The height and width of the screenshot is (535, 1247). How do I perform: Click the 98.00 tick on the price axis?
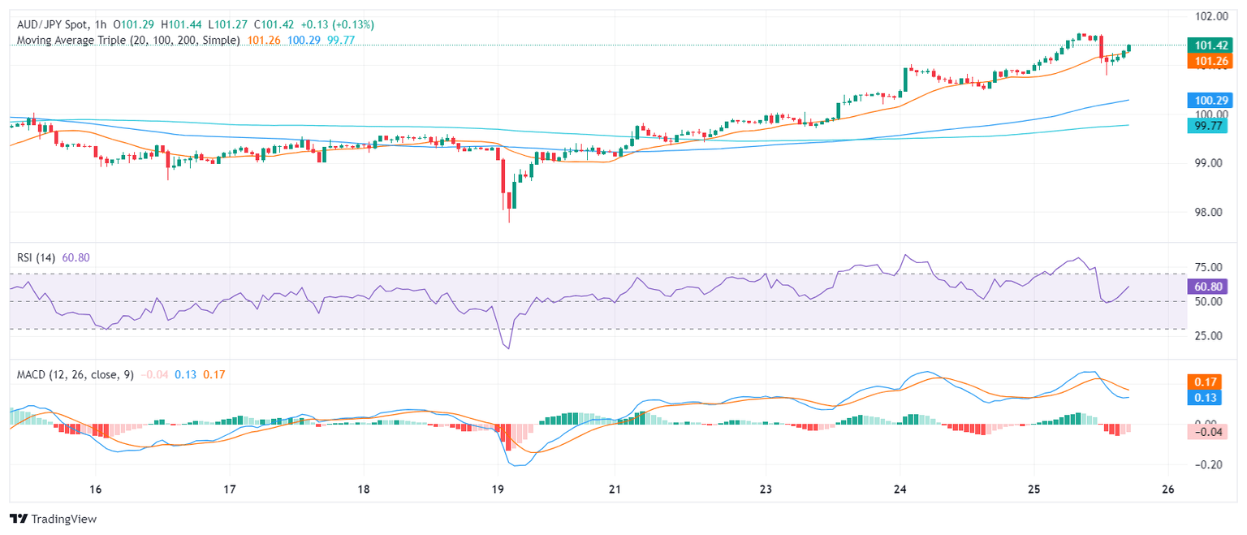pyautogui.click(x=1203, y=213)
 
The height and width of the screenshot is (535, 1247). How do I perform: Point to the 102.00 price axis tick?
pyautogui.click(x=1203, y=16)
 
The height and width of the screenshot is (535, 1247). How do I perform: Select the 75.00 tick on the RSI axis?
pyautogui.click(x=1203, y=268)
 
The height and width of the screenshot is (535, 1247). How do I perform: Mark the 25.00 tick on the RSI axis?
pyautogui.click(x=1203, y=336)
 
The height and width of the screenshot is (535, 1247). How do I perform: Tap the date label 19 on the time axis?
pyautogui.click(x=498, y=490)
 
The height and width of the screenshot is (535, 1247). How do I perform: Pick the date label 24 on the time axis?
pyautogui.click(x=900, y=490)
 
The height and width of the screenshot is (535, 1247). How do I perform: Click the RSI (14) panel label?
pyautogui.click(x=36, y=257)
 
